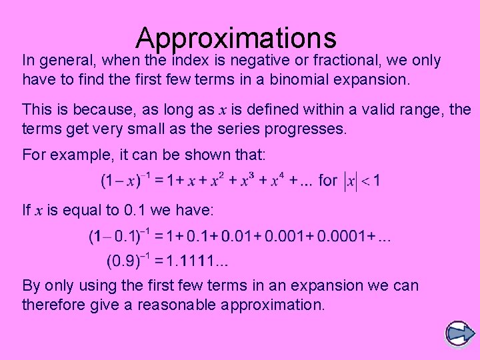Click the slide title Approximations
point(236,39)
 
